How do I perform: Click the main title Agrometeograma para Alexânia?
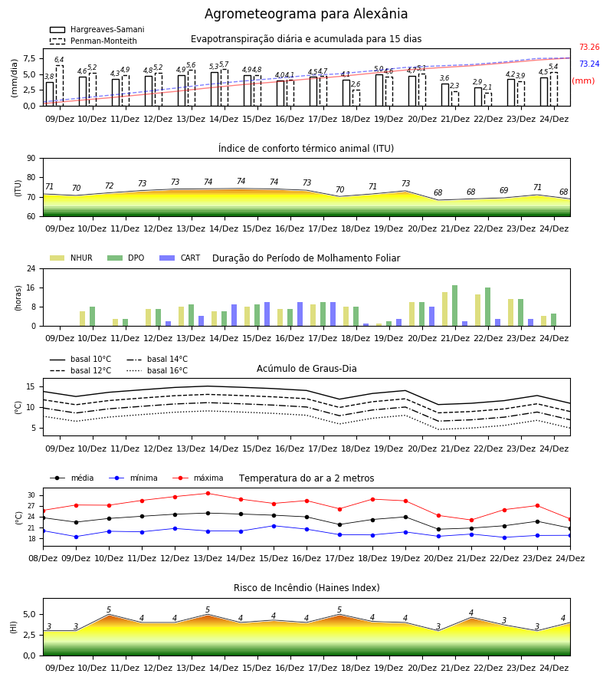point(306,14)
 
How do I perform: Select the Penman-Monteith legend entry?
point(93,41)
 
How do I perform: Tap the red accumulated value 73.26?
point(589,47)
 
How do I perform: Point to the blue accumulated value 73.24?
point(589,64)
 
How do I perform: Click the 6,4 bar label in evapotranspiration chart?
point(59,60)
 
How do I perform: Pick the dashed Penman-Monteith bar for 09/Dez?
point(59,86)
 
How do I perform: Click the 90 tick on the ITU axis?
point(31,159)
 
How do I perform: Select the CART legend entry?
point(180,258)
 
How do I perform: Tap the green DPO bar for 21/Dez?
point(454,306)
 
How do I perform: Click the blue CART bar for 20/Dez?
point(432,317)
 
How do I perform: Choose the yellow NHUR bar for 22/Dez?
point(477,310)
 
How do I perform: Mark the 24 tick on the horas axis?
point(31,268)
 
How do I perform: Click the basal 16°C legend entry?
point(157,370)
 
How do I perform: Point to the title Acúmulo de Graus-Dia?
point(306,368)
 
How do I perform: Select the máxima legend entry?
point(198,478)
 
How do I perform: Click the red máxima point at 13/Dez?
point(208,493)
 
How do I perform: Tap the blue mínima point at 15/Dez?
point(274,526)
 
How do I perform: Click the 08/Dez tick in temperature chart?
point(43,558)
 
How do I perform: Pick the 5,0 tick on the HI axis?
point(28,614)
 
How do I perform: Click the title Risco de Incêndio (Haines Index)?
point(306,587)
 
